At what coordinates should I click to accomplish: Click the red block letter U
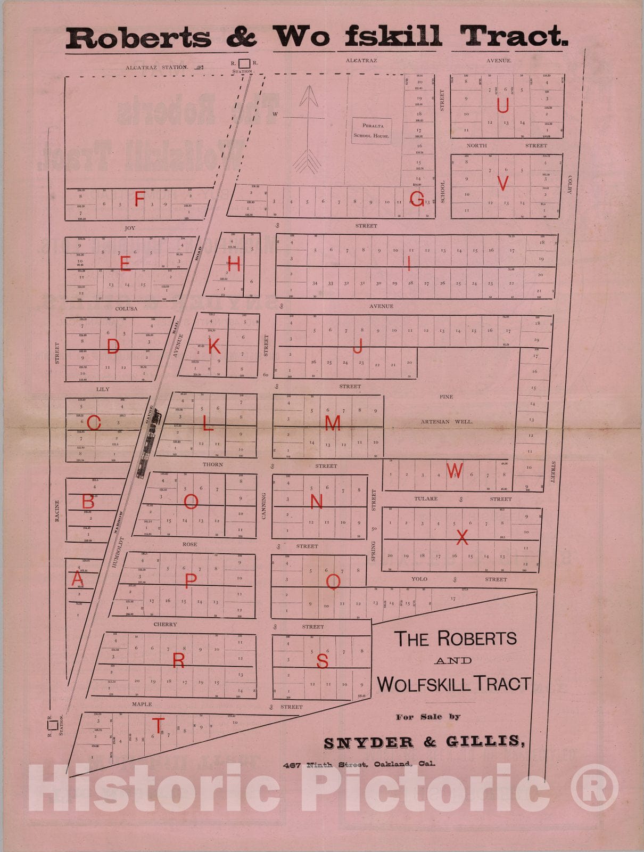click(502, 105)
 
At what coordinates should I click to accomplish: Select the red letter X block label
click(462, 537)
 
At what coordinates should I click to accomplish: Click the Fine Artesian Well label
click(446, 409)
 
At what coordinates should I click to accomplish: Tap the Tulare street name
click(426, 499)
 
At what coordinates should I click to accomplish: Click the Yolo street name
click(419, 579)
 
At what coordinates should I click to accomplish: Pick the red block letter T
click(158, 725)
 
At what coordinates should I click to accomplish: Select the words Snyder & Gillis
click(424, 742)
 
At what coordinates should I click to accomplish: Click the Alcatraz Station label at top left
click(157, 68)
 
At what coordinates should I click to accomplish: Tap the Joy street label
click(130, 228)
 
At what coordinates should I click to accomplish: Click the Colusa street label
click(126, 308)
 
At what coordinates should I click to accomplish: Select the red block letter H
click(234, 264)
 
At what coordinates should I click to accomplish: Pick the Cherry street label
click(165, 624)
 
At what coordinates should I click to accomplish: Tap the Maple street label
click(142, 704)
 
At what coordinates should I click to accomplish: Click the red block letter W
click(454, 470)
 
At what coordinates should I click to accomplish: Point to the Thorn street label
click(212, 464)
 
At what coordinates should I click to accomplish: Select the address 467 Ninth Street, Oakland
click(359, 764)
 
